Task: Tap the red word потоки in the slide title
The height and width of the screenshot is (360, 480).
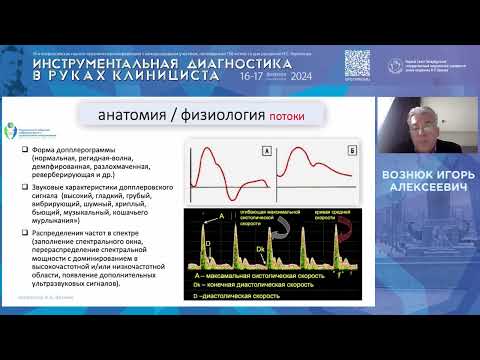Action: click(x=286, y=118)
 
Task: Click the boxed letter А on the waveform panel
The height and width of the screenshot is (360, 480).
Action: click(x=264, y=153)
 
